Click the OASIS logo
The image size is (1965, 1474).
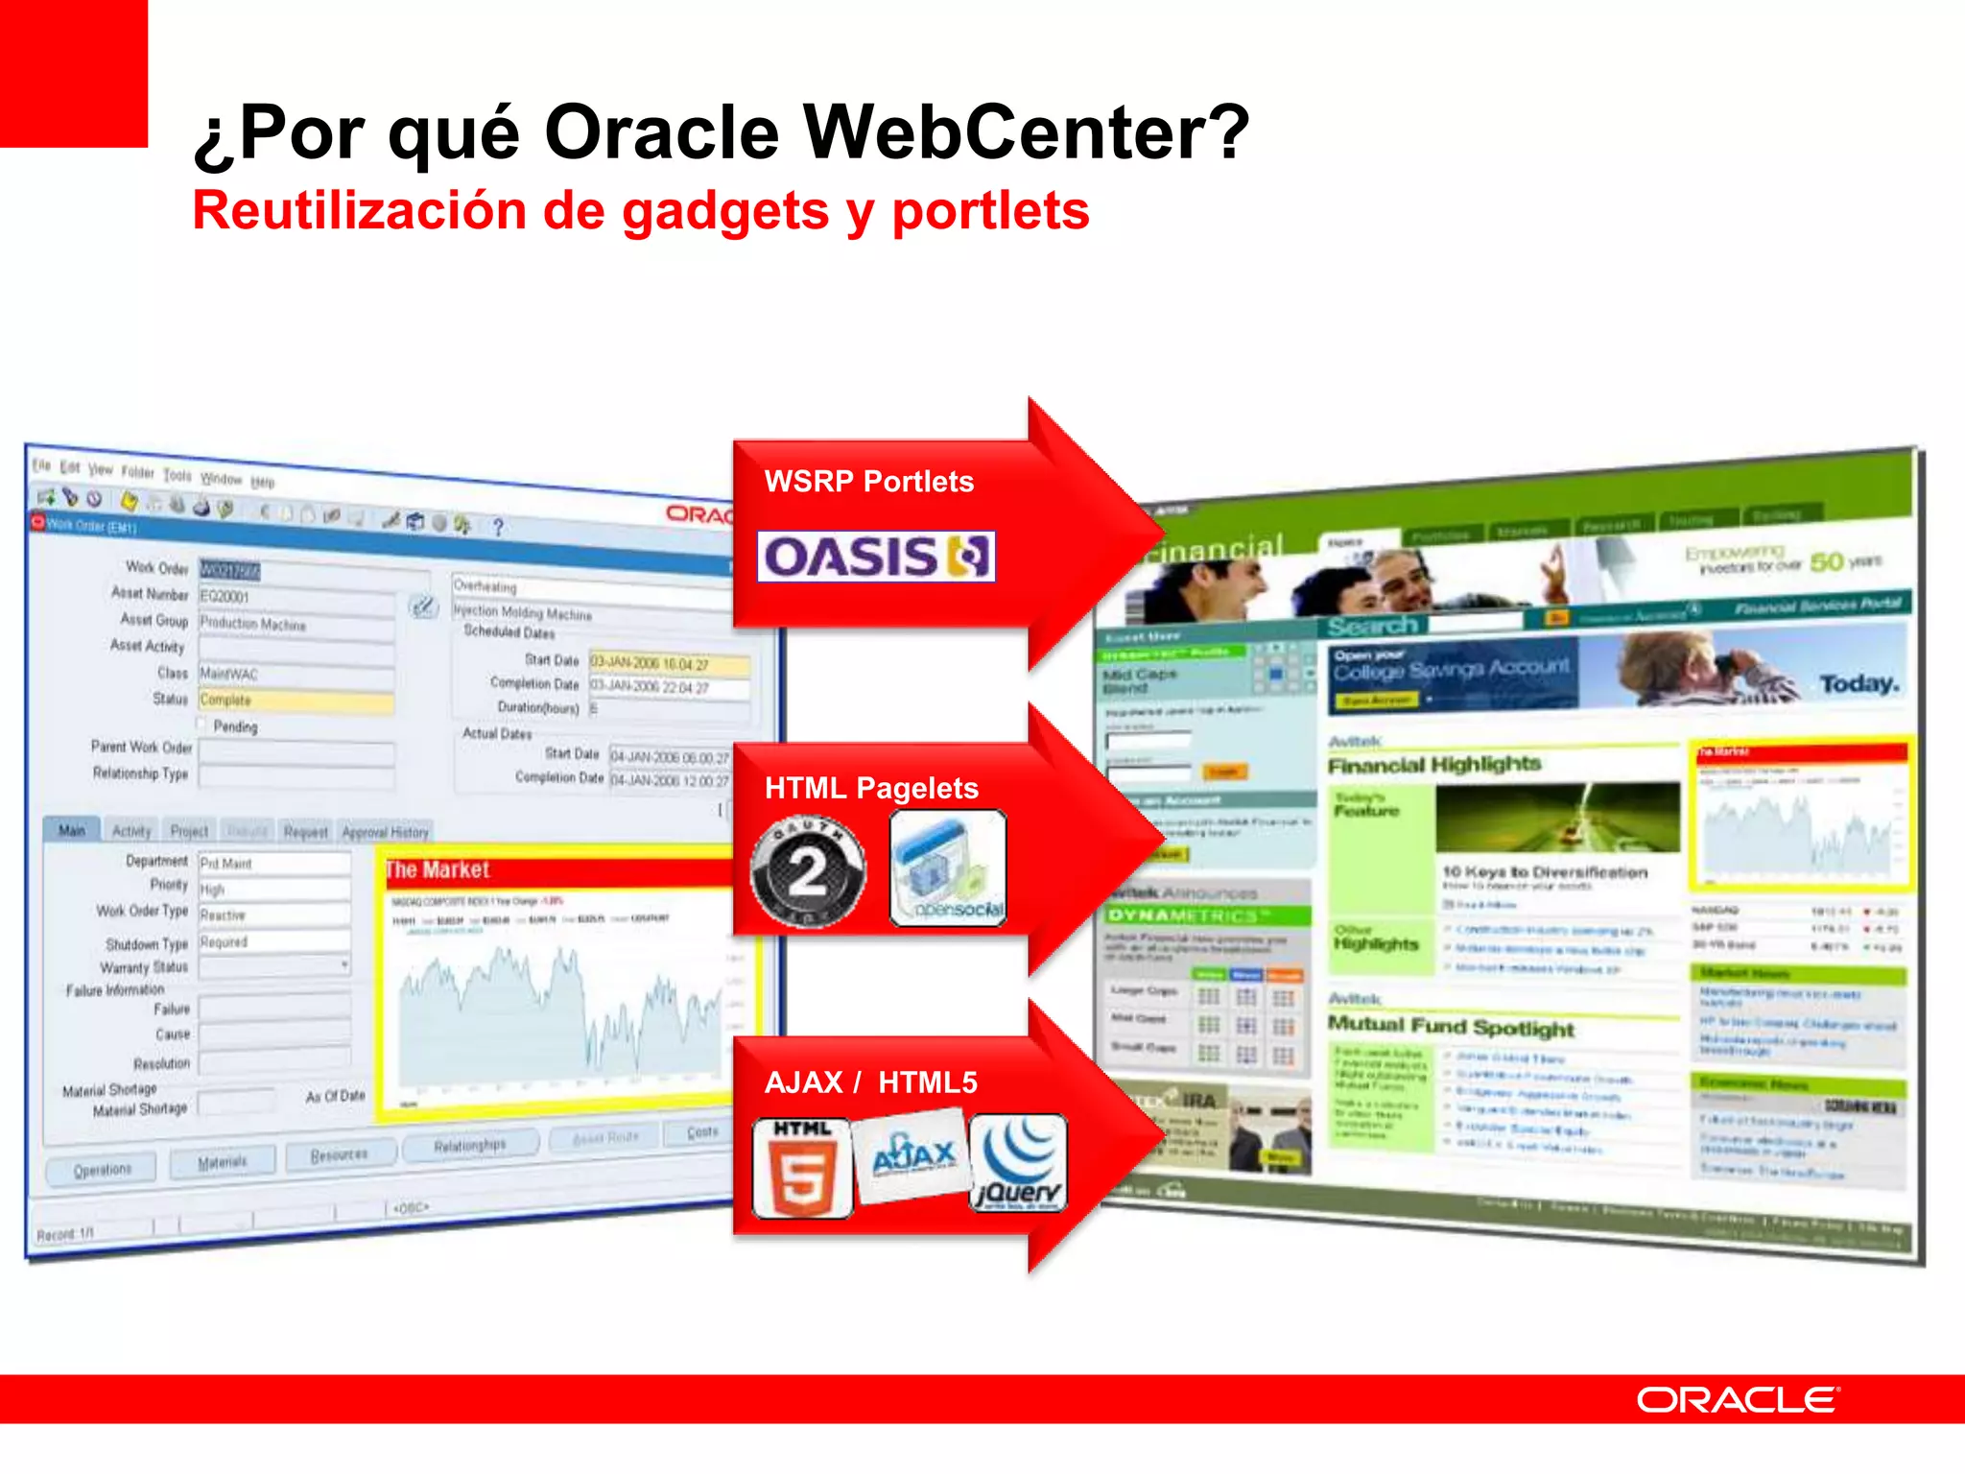(x=875, y=557)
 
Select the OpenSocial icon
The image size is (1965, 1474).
(x=948, y=868)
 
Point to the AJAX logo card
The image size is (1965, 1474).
(x=911, y=1155)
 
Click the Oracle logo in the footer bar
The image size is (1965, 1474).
(x=1737, y=1400)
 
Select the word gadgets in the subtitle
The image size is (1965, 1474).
(x=725, y=211)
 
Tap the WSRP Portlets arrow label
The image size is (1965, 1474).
(x=868, y=481)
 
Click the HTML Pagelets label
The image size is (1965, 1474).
(x=871, y=788)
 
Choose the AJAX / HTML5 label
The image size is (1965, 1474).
(x=870, y=1082)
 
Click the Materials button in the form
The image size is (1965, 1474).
(x=223, y=1162)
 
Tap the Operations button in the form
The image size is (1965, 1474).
(x=103, y=1170)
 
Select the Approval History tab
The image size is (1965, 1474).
(x=385, y=832)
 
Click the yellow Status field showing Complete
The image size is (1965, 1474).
(x=296, y=701)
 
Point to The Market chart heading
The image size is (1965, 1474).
(x=438, y=869)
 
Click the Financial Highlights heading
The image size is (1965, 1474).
(x=1434, y=765)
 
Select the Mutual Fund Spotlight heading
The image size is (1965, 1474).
(x=1451, y=1027)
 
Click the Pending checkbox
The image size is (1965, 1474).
(x=202, y=724)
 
